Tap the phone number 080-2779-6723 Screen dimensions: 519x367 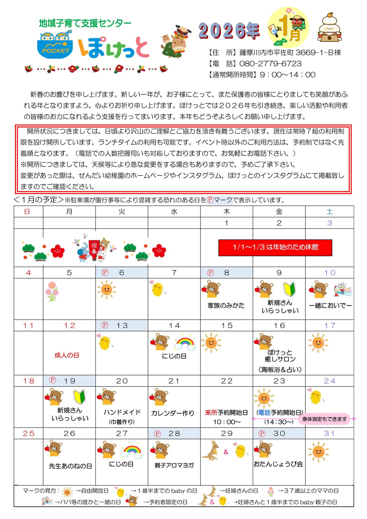(x=270, y=63)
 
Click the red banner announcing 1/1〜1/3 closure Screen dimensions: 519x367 (x=275, y=247)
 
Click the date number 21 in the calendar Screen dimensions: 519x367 (x=174, y=381)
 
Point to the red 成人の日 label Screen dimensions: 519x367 (x=67, y=355)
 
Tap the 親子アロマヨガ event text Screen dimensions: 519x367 (x=174, y=465)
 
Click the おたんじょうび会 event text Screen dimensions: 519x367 (x=278, y=464)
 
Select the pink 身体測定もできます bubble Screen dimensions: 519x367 (x=324, y=419)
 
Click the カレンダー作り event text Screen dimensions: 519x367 (x=173, y=413)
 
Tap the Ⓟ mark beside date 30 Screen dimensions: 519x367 (x=262, y=433)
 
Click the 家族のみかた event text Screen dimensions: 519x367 (x=226, y=305)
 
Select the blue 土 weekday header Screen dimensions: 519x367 (x=330, y=211)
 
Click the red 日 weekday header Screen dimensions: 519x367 (x=27, y=211)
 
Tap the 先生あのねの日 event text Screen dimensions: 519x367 (x=70, y=466)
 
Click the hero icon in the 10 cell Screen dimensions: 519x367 (x=343, y=290)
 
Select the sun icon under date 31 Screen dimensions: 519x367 (x=318, y=452)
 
